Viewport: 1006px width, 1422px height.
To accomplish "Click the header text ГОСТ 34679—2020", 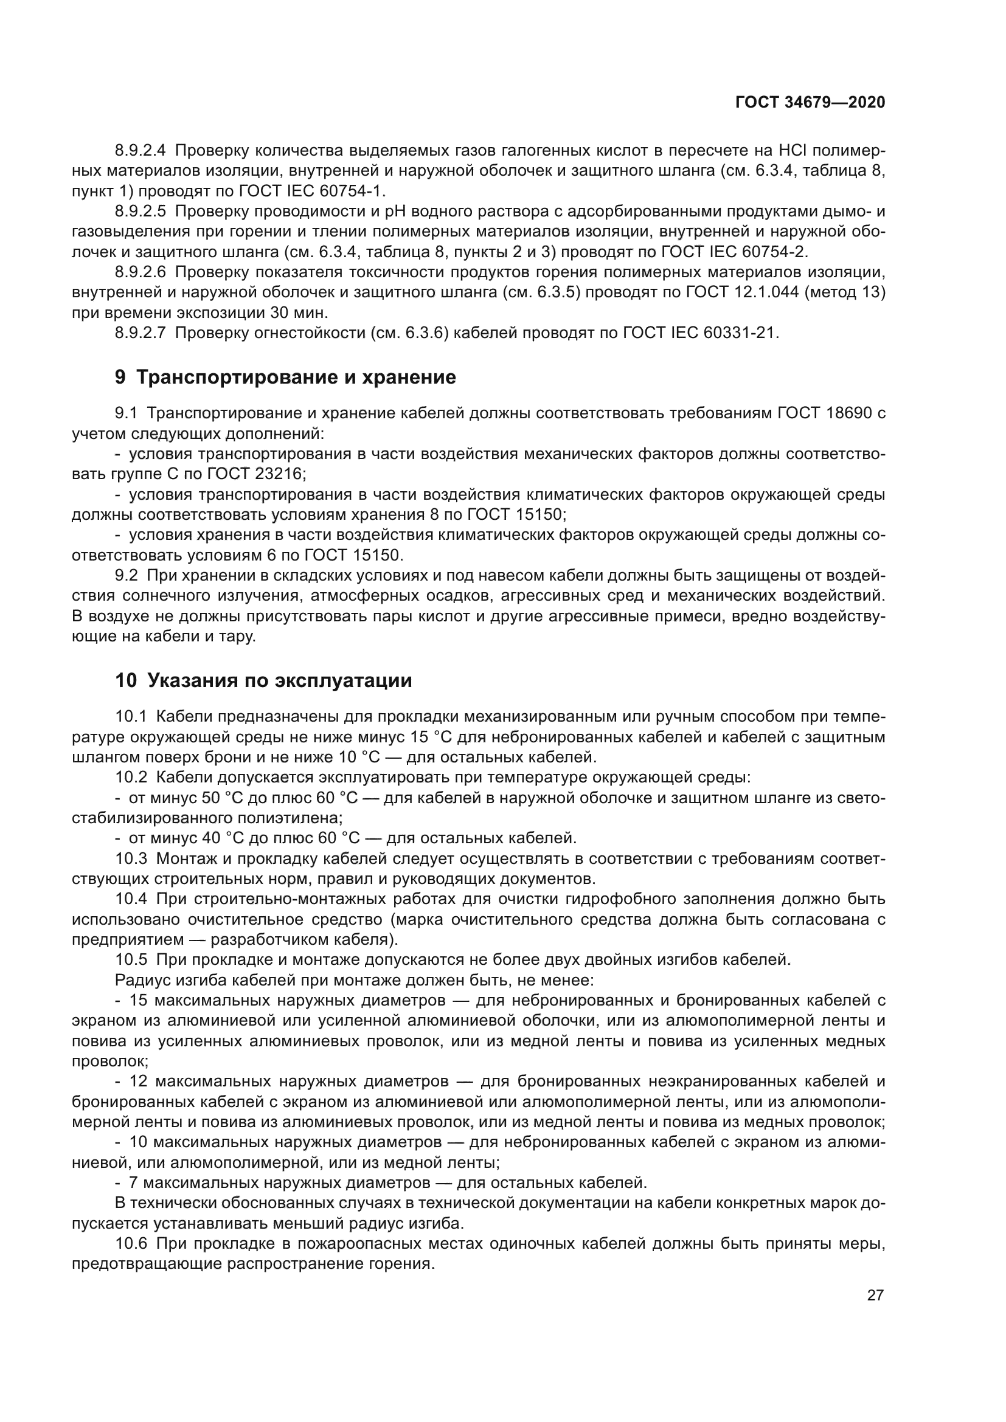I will click(810, 102).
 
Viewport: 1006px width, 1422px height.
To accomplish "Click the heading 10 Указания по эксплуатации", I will click(263, 681).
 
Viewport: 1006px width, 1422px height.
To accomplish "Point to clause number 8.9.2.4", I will click(140, 151).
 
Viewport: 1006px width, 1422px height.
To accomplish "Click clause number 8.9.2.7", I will click(140, 333).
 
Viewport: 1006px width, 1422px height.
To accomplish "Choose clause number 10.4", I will click(131, 899).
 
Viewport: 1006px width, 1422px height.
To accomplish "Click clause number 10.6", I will click(131, 1244).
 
